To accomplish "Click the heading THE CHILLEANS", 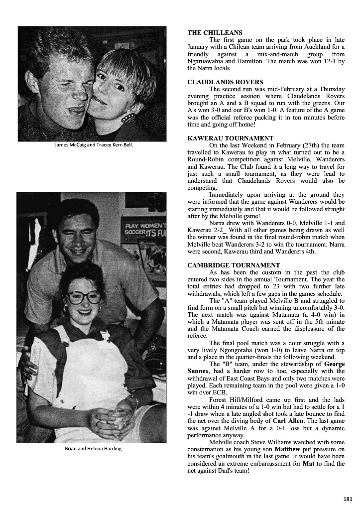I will click(x=215, y=32).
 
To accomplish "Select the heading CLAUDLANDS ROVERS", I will click(x=225, y=82).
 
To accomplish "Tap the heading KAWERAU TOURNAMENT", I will click(x=230, y=138).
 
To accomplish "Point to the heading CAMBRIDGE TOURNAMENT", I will click(x=234, y=265).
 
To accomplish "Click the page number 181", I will click(x=348, y=499).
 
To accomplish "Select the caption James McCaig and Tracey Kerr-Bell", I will click(x=94, y=145).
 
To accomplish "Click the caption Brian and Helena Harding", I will click(x=94, y=449).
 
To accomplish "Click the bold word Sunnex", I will click(x=198, y=371).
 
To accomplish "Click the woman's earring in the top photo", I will click(x=128, y=118).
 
